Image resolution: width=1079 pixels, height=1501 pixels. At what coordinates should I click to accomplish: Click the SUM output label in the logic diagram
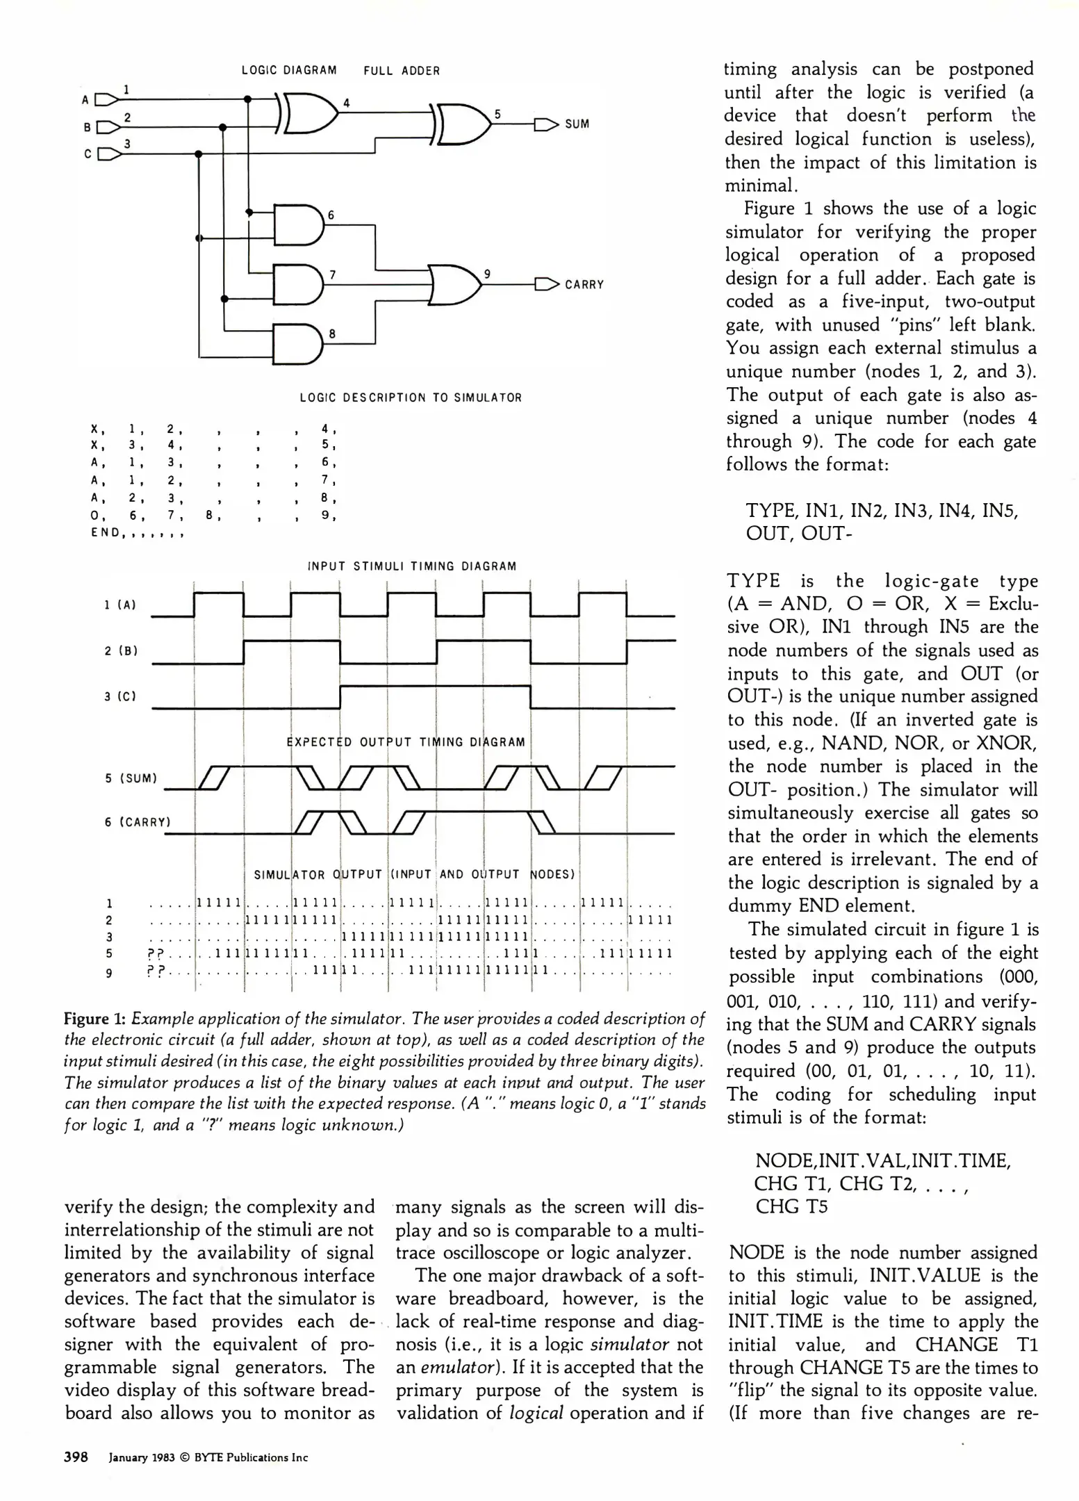click(577, 124)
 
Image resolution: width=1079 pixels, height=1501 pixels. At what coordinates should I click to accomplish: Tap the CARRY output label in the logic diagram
click(584, 285)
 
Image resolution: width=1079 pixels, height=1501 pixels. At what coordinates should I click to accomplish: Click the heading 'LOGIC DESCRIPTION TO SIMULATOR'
click(411, 398)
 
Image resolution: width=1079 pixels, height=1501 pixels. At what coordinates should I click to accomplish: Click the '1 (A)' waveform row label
click(120, 605)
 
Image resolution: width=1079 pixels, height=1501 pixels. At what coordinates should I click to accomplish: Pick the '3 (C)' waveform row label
click(120, 696)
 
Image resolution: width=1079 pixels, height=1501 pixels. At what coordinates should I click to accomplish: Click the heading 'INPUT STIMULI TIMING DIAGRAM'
click(412, 566)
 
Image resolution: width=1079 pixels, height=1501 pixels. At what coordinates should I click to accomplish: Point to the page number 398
click(76, 1457)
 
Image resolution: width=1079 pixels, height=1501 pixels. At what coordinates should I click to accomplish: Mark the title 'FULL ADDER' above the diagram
click(402, 71)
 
